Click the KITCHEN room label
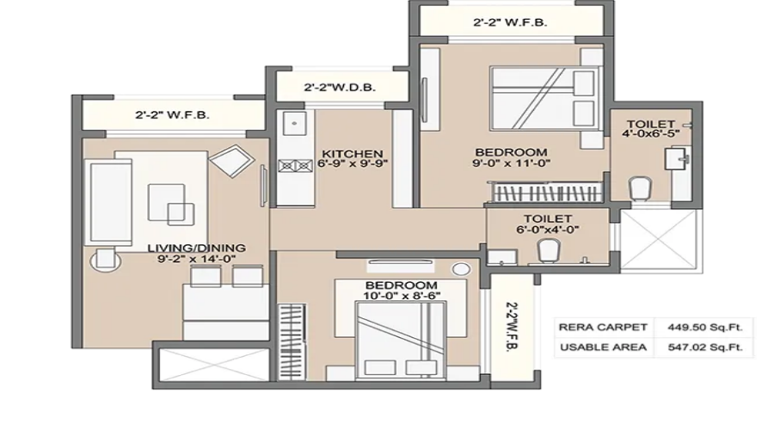pyautogui.click(x=352, y=154)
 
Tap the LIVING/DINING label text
pyautogui.click(x=196, y=248)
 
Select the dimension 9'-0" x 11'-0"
pyautogui.click(x=511, y=163)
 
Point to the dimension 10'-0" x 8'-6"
pyautogui.click(x=402, y=296)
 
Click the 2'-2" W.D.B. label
pyautogui.click(x=340, y=88)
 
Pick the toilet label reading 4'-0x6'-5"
pyautogui.click(x=651, y=132)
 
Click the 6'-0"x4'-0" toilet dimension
pyautogui.click(x=548, y=229)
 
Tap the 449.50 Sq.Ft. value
pyautogui.click(x=705, y=327)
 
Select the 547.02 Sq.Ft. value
pyautogui.click(x=705, y=347)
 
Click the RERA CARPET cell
pyautogui.click(x=603, y=327)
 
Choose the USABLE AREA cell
pyautogui.click(x=603, y=347)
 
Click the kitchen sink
pyautogui.click(x=294, y=123)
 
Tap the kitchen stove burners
pyautogui.click(x=295, y=166)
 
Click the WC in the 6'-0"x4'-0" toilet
pyautogui.click(x=549, y=250)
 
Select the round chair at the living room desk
pyautogui.click(x=106, y=260)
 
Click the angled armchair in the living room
pyautogui.click(x=231, y=160)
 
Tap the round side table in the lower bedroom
pyautogui.click(x=461, y=269)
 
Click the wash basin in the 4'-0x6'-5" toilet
pyautogui.click(x=677, y=158)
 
